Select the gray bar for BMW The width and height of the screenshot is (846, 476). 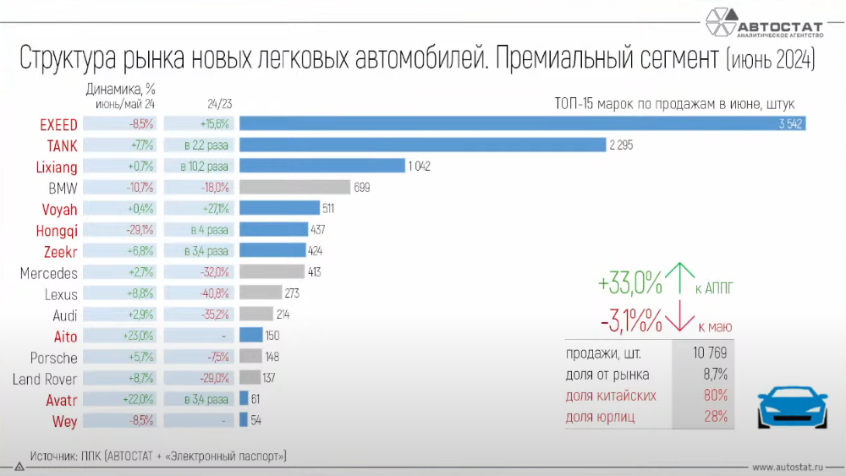294,187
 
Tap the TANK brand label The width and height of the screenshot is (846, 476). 62,145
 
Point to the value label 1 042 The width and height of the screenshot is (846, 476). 420,167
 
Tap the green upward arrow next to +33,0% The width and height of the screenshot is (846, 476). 679,278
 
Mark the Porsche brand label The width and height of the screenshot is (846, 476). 53,358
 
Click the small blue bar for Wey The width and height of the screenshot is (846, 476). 244,419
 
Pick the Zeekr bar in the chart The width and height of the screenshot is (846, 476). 272,251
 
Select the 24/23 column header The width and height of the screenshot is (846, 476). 219,104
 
